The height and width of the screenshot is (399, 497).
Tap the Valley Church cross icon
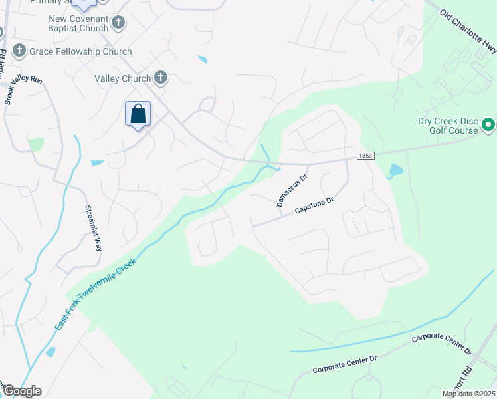pyautogui.click(x=160, y=78)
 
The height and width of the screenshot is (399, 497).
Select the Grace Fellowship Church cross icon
pyautogui.click(x=19, y=51)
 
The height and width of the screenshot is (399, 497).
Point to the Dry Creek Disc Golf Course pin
pyautogui.click(x=488, y=124)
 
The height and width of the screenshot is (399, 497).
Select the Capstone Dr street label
pyautogui.click(x=314, y=206)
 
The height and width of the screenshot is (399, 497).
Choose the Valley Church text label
pyautogui.click(x=123, y=78)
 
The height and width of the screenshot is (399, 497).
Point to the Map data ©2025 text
pyautogui.click(x=468, y=394)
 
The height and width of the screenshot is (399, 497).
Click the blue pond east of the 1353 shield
pyautogui.click(x=395, y=171)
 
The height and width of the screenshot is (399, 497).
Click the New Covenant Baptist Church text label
pyautogui.click(x=78, y=23)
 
